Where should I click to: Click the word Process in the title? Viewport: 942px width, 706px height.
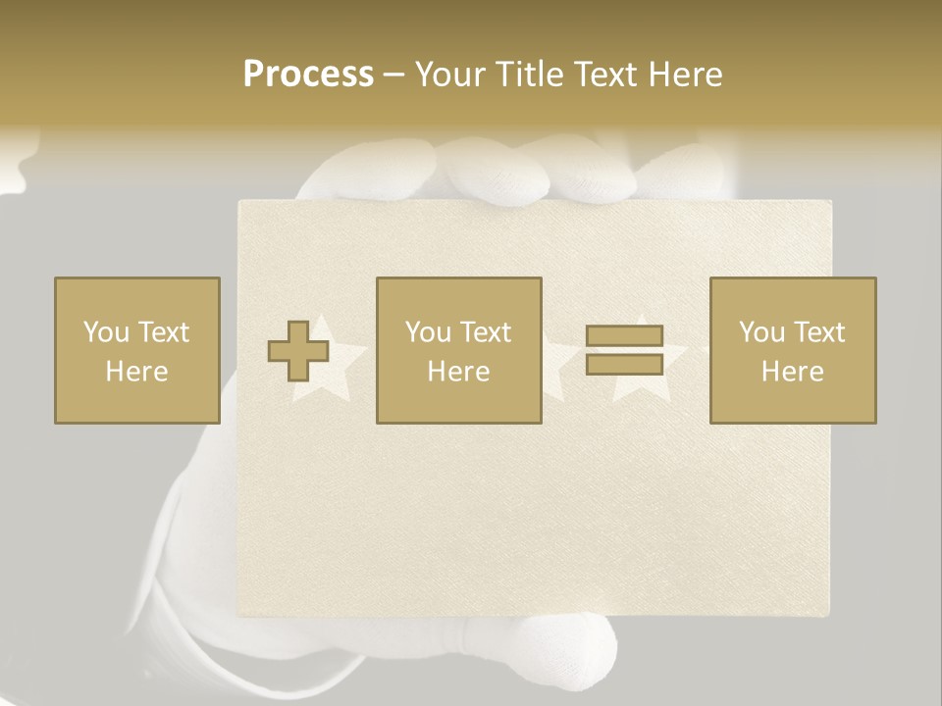(308, 75)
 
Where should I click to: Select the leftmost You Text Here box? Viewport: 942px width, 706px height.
(136, 350)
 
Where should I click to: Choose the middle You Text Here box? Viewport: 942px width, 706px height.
(458, 350)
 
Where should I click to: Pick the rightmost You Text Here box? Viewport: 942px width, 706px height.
(792, 350)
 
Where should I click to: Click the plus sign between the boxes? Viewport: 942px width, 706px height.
(297, 350)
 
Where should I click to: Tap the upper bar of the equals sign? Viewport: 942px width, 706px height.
(624, 335)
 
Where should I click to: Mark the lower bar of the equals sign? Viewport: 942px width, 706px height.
(624, 365)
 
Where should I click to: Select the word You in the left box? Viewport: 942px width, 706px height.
(106, 332)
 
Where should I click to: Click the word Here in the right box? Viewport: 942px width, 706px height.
(792, 372)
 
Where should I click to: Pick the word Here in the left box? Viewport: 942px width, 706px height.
(136, 372)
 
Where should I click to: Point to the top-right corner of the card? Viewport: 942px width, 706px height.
(829, 203)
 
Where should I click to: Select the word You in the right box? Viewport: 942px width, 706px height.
(761, 332)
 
